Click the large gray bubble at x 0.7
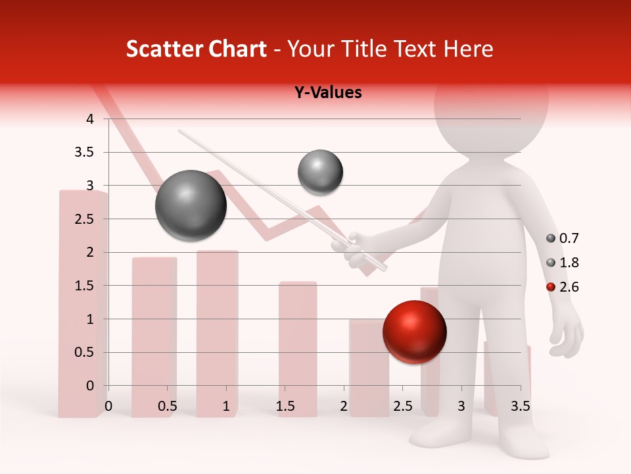pyautogui.click(x=191, y=205)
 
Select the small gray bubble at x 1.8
pyautogui.click(x=320, y=172)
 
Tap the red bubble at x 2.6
pyautogui.click(x=414, y=332)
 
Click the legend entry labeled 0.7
pyautogui.click(x=563, y=238)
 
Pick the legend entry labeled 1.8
pyautogui.click(x=563, y=263)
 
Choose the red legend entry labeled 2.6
pyautogui.click(x=563, y=287)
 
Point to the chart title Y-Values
pyautogui.click(x=327, y=93)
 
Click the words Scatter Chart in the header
pyautogui.click(x=197, y=49)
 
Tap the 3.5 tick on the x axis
pyautogui.click(x=521, y=406)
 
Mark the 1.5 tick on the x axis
pyautogui.click(x=285, y=406)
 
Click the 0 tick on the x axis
pyautogui.click(x=108, y=406)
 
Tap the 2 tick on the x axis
pyautogui.click(x=344, y=406)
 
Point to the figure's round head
pyautogui.click(x=491, y=105)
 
